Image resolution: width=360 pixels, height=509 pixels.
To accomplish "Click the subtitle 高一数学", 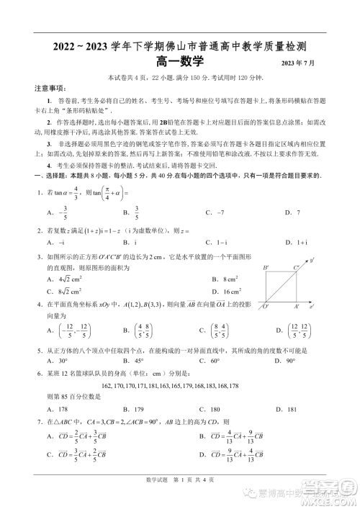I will tap(179, 64).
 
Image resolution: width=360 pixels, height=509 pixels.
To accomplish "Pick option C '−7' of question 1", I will tap(215, 212).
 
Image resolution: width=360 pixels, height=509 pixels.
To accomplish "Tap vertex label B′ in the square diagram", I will tap(266, 268).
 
